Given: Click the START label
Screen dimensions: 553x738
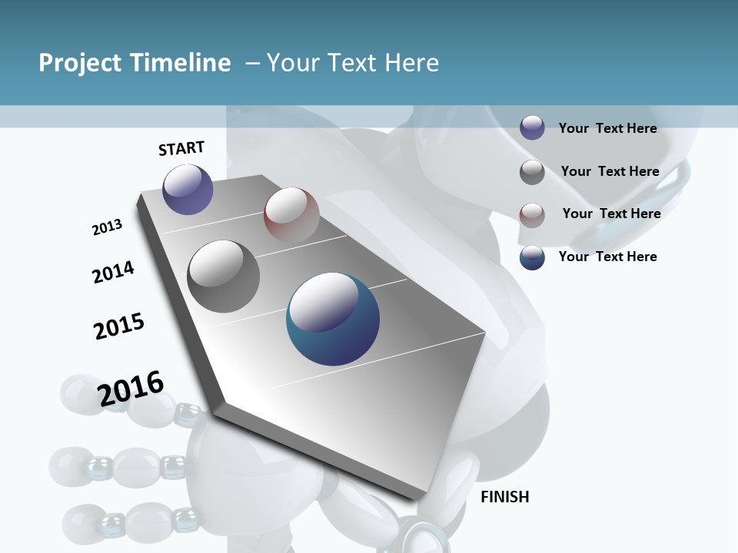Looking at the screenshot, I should [181, 148].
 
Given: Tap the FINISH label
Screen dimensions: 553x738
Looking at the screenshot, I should [505, 497].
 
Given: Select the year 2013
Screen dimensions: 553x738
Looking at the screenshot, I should [107, 227].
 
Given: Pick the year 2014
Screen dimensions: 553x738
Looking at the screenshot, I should [113, 272].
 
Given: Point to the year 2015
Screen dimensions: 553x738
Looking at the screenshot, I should [119, 326].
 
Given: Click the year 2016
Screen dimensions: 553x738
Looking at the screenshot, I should [131, 389].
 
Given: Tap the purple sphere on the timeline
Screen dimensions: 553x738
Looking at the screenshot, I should [188, 189].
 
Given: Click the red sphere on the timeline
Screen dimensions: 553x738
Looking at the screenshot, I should [291, 214].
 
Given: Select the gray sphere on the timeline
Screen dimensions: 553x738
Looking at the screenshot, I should [224, 276].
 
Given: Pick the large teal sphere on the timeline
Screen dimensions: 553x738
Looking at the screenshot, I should [333, 319].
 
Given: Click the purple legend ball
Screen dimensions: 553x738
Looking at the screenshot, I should [532, 127].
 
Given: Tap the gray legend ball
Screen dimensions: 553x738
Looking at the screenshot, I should [532, 172].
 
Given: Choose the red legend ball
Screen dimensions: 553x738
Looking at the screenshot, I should [532, 214].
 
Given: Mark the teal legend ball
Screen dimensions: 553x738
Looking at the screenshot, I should [532, 257].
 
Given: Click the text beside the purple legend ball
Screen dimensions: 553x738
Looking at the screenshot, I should [607, 128].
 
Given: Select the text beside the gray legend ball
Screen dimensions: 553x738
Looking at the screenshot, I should [610, 171].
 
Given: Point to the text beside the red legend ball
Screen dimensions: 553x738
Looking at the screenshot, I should [611, 214].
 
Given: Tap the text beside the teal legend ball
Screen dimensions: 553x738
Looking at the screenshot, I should [607, 257].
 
